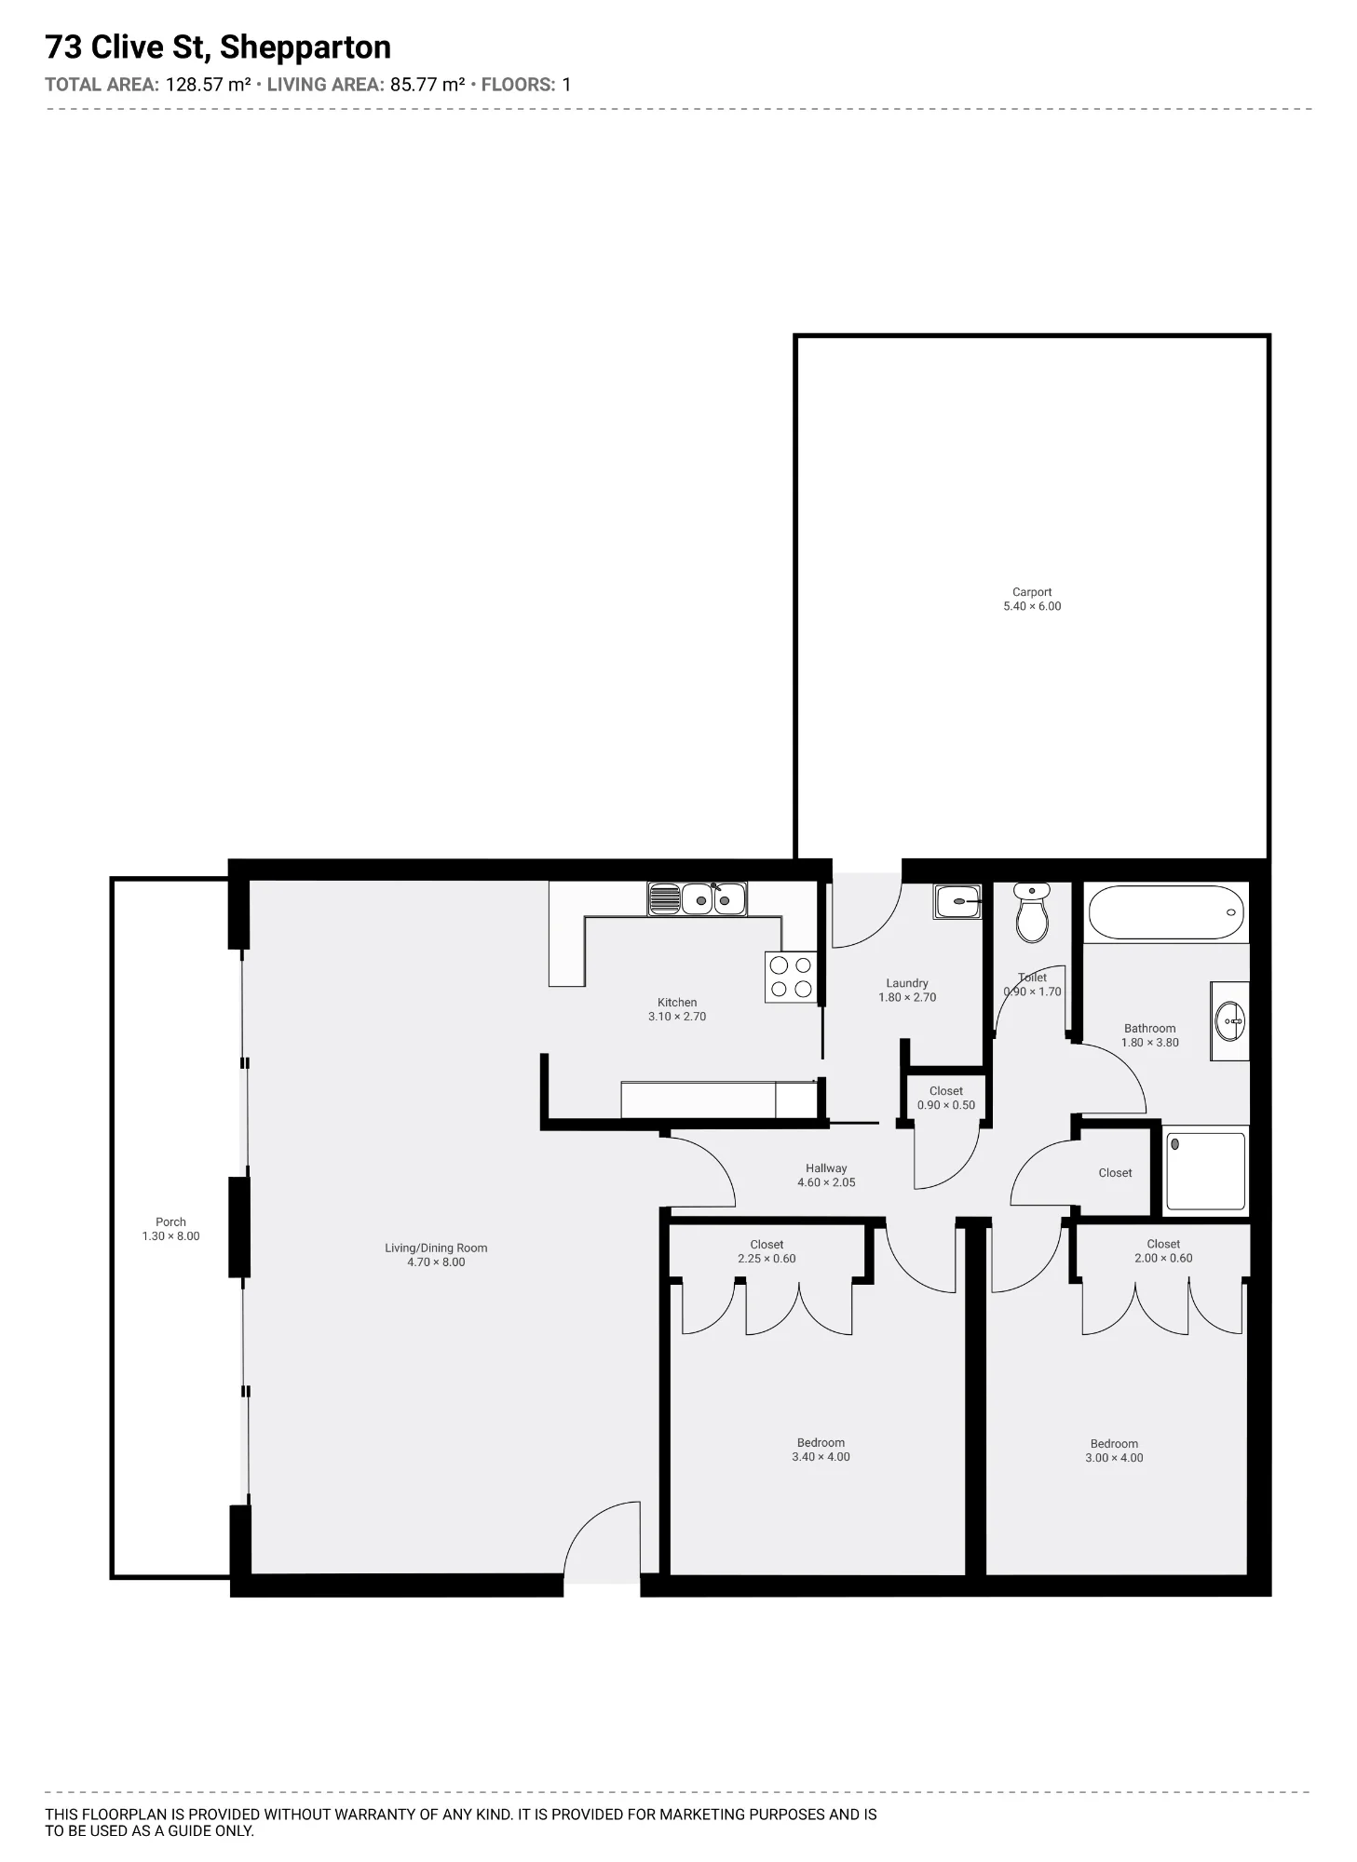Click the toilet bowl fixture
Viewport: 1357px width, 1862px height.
(x=1031, y=911)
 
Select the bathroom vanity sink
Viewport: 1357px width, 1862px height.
(x=1229, y=1021)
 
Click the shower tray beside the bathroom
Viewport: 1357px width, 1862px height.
(x=1206, y=1170)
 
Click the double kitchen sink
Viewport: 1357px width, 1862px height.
(x=698, y=898)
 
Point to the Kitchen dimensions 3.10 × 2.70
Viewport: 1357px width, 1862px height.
(x=677, y=1017)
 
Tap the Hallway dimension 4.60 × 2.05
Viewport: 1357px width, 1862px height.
(x=826, y=1182)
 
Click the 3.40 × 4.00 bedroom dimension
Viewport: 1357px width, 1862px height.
(x=821, y=1457)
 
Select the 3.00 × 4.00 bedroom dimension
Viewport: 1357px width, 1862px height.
(x=1114, y=1458)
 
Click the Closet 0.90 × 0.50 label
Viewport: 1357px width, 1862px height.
(x=946, y=1099)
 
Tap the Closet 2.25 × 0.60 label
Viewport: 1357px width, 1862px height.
(x=767, y=1251)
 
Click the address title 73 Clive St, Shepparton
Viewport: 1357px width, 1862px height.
(x=218, y=47)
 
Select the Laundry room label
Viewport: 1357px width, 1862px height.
(x=907, y=983)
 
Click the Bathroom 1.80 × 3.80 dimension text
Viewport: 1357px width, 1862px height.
(x=1150, y=1043)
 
